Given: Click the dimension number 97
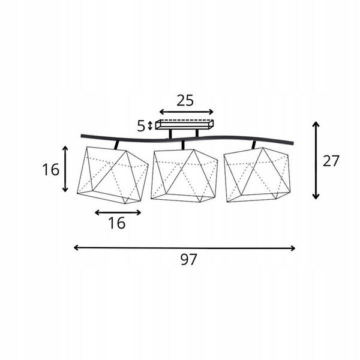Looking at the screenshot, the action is click(189, 259).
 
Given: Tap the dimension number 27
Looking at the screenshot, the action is click(331, 161).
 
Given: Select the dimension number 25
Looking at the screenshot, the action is click(185, 100).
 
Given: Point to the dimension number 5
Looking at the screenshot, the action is click(141, 126).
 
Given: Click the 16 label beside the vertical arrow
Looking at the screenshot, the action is click(50, 170).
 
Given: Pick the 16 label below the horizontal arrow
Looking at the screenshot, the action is click(117, 223).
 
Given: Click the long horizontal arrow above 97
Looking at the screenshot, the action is click(184, 248).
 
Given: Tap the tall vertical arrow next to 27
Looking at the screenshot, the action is click(316, 160).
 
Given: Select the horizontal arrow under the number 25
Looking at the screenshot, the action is click(187, 112).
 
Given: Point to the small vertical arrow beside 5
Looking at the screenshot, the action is click(150, 125).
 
